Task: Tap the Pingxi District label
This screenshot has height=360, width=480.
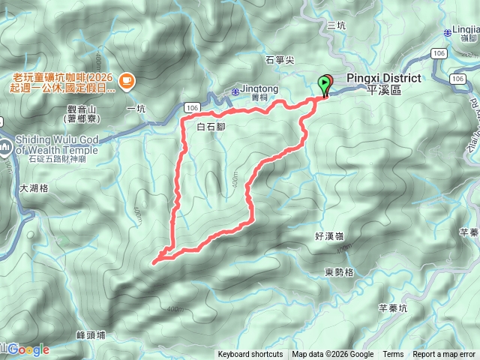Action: (x=383, y=79)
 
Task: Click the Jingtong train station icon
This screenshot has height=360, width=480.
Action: (x=235, y=91)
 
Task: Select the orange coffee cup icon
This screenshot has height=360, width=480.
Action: (x=126, y=79)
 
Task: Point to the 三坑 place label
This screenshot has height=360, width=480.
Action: (x=337, y=25)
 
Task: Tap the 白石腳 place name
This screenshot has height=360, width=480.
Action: (x=210, y=127)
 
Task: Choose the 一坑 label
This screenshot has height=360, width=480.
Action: (x=136, y=109)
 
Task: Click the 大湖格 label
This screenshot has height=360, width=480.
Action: (x=34, y=188)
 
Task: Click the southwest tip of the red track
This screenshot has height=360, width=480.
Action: (x=154, y=262)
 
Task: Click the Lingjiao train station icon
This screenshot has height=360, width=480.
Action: (x=448, y=31)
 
